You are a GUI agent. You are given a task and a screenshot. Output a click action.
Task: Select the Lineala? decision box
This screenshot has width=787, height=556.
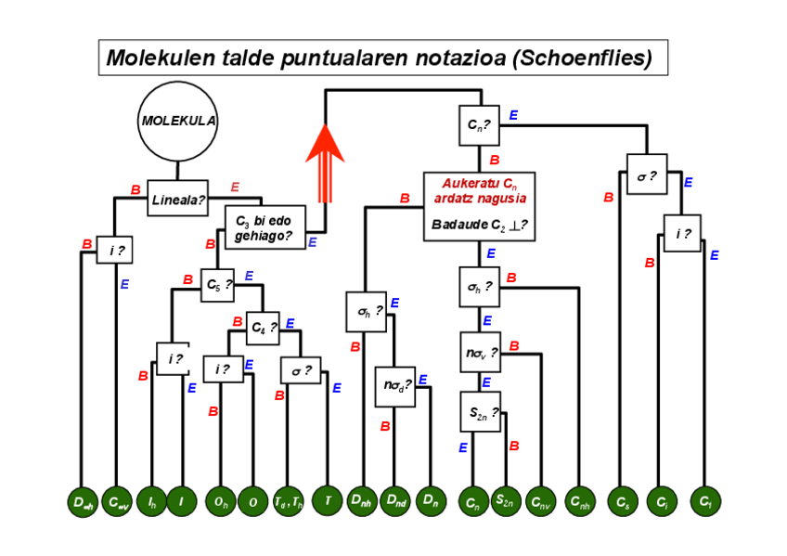click(178, 198)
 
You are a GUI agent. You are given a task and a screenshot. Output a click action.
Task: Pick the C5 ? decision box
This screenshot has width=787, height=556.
click(218, 286)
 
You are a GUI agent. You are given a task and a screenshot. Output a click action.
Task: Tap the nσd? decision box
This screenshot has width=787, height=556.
click(394, 385)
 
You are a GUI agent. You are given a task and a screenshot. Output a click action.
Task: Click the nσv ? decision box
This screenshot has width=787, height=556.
click(480, 352)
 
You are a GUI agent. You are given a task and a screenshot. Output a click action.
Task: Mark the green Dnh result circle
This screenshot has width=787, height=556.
click(361, 502)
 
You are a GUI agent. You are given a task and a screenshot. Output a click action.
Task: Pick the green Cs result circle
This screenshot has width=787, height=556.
click(622, 502)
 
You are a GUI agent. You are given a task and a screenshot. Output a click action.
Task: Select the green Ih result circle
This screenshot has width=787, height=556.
click(151, 502)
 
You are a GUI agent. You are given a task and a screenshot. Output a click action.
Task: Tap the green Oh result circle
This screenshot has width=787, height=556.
click(219, 502)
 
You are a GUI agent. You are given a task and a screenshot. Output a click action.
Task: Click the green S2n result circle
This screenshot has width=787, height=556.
click(505, 502)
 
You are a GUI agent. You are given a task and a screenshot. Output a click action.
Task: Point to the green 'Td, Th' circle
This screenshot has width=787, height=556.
click(288, 502)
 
